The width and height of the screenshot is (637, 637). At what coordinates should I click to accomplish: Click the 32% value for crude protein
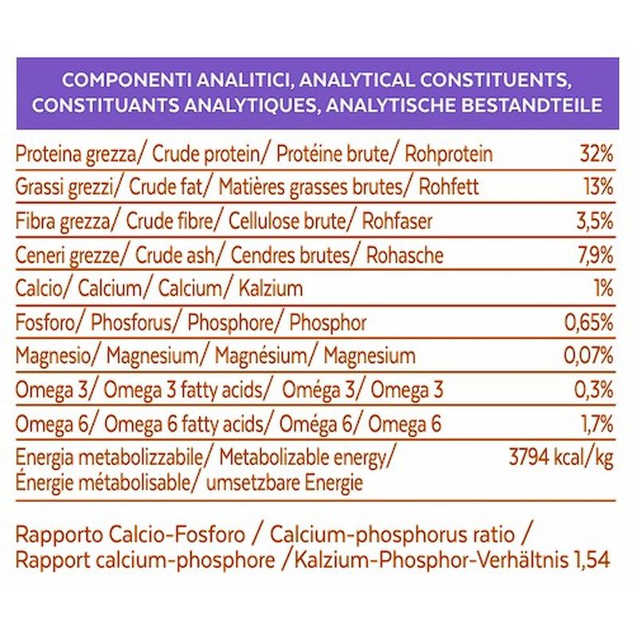596,153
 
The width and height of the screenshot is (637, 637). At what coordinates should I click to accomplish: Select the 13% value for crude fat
597,188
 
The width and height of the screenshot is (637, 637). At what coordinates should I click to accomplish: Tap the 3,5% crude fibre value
593,221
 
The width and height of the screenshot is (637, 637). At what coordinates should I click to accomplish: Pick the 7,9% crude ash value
593,256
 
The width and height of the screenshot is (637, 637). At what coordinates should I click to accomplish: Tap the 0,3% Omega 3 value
593,390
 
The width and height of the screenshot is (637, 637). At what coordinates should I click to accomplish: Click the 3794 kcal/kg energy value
561,458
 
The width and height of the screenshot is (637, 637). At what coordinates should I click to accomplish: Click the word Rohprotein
448,154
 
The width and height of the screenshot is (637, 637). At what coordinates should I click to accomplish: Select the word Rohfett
451,188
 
